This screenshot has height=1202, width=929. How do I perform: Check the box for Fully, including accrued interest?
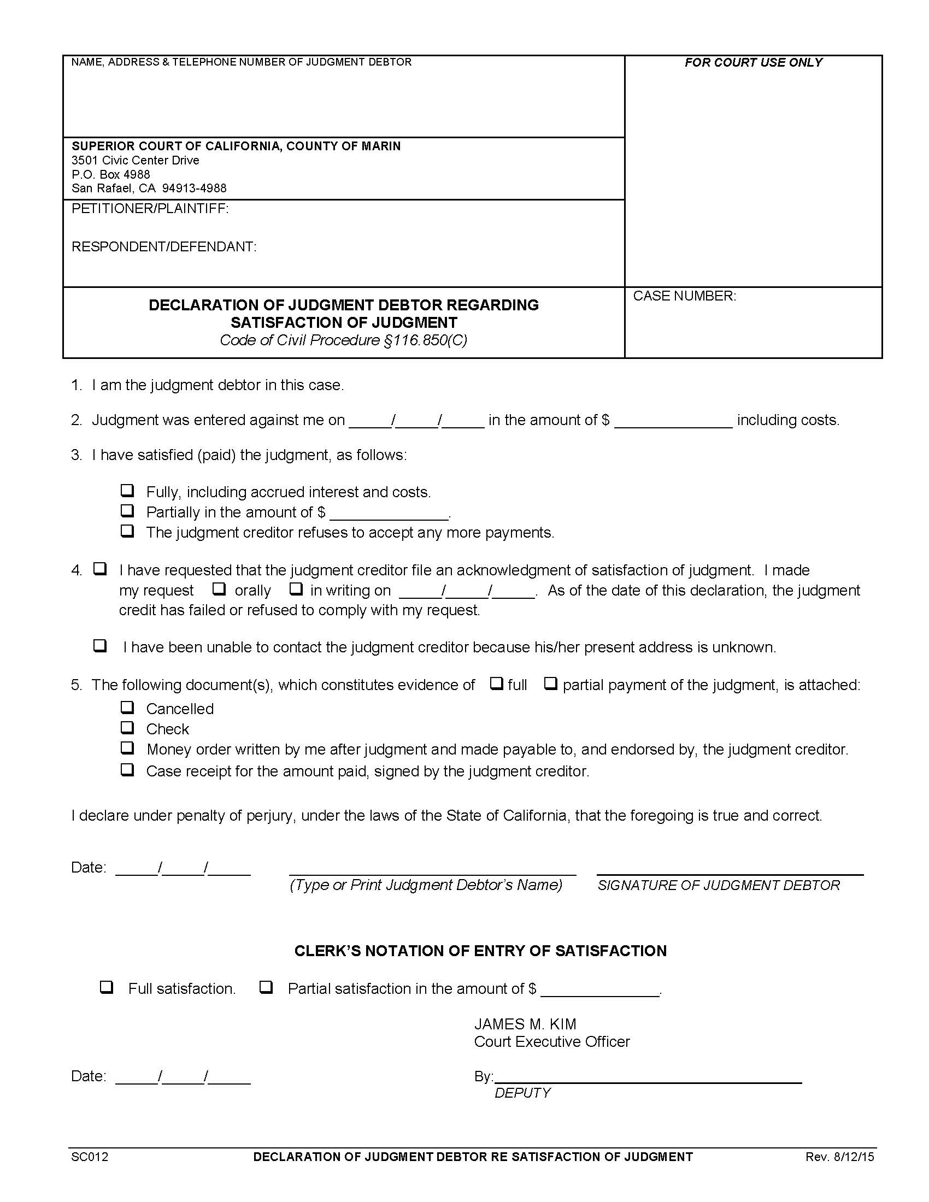pos(127,491)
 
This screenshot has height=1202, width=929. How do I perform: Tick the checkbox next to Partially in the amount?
pos(127,511)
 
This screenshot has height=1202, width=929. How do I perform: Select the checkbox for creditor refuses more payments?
pos(127,531)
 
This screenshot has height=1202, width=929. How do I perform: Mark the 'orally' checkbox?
pos(219,589)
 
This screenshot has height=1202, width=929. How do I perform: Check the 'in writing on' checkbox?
pos(296,589)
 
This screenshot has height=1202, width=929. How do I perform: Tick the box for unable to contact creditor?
pos(100,646)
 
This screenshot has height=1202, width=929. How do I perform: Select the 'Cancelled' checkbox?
pos(127,707)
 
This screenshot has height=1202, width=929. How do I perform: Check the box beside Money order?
pos(127,748)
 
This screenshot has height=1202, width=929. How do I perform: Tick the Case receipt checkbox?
pos(127,769)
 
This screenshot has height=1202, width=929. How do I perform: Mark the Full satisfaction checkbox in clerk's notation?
pos(106,987)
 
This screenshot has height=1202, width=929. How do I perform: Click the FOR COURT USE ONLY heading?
pos(753,63)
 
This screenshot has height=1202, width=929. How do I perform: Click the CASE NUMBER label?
pos(684,296)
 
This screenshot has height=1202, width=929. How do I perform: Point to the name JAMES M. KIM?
pos(525,1024)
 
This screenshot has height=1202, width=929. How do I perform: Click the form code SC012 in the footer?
pos(90,1157)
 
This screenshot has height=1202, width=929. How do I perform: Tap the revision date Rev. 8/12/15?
pos(839,1157)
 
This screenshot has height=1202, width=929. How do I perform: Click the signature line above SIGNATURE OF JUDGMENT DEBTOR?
pos(730,873)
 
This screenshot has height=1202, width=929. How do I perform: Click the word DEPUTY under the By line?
pos(522,1093)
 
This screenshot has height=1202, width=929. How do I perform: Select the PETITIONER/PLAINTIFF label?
pos(150,209)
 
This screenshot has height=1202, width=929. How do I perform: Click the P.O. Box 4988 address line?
pos(110,174)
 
